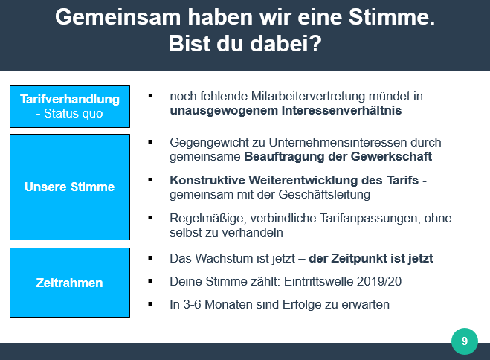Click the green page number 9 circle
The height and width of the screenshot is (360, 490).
[465, 341]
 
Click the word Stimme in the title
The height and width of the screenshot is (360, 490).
[392, 16]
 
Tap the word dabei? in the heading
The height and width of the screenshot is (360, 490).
[286, 43]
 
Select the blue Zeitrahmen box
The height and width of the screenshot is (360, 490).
[70, 283]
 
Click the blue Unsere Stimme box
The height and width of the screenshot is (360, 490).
[70, 187]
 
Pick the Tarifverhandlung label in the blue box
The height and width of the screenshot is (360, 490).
[70, 99]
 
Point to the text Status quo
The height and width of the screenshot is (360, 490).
[73, 114]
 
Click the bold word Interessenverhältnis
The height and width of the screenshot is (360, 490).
[341, 110]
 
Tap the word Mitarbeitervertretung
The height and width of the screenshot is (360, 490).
[308, 96]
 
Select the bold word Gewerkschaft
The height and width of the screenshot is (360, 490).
[391, 156]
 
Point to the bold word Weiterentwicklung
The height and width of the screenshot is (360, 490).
[315, 180]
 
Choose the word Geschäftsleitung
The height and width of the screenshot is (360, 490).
[324, 194]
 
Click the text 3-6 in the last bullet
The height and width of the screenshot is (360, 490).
[192, 304]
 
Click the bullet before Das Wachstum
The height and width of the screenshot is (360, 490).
[150, 258]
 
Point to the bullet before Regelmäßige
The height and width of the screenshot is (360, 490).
[150, 217]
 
